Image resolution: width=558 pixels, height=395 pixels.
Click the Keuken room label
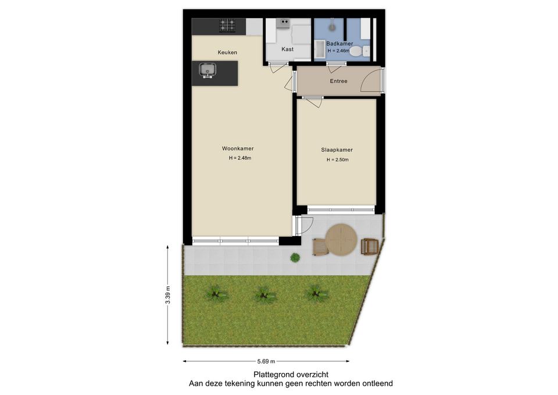227,52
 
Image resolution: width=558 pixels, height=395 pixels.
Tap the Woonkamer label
238,148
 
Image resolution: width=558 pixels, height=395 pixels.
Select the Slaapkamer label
337,150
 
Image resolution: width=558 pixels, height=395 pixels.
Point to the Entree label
338,81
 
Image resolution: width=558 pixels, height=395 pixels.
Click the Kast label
288,49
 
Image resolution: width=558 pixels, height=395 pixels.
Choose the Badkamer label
340,44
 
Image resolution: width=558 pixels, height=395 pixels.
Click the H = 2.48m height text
240,158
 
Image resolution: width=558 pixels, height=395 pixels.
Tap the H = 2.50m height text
338,160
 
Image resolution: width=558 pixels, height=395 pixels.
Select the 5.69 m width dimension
266,361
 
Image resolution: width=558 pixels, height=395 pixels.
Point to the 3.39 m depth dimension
168,295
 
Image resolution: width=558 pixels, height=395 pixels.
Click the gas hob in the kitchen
227,26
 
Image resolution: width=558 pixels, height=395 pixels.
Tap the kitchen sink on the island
207,70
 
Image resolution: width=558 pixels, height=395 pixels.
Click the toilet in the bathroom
360,51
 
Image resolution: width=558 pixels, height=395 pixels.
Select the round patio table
341,239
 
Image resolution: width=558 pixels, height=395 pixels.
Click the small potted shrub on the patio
295,258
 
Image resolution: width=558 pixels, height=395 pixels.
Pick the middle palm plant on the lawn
264,295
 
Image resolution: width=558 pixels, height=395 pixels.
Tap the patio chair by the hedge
370,247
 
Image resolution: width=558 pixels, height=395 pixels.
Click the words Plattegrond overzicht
291,375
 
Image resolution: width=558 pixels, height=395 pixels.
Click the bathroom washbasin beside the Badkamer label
320,49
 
